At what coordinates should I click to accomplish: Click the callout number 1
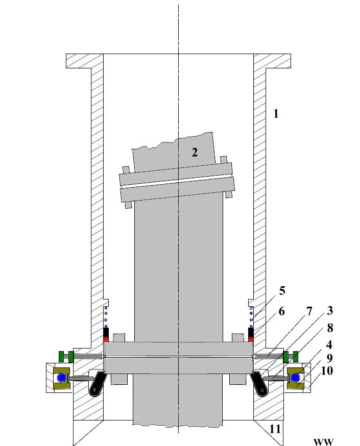tap(276, 113)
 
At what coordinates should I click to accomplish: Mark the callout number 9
tap(330, 358)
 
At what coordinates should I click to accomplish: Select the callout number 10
tap(327, 371)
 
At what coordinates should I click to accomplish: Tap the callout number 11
tap(275, 429)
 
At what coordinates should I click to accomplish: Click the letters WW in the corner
tap(323, 441)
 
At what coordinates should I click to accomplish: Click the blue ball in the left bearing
tap(62, 378)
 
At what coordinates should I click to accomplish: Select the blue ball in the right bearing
tap(295, 378)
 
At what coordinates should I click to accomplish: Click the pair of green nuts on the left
tap(65, 356)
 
